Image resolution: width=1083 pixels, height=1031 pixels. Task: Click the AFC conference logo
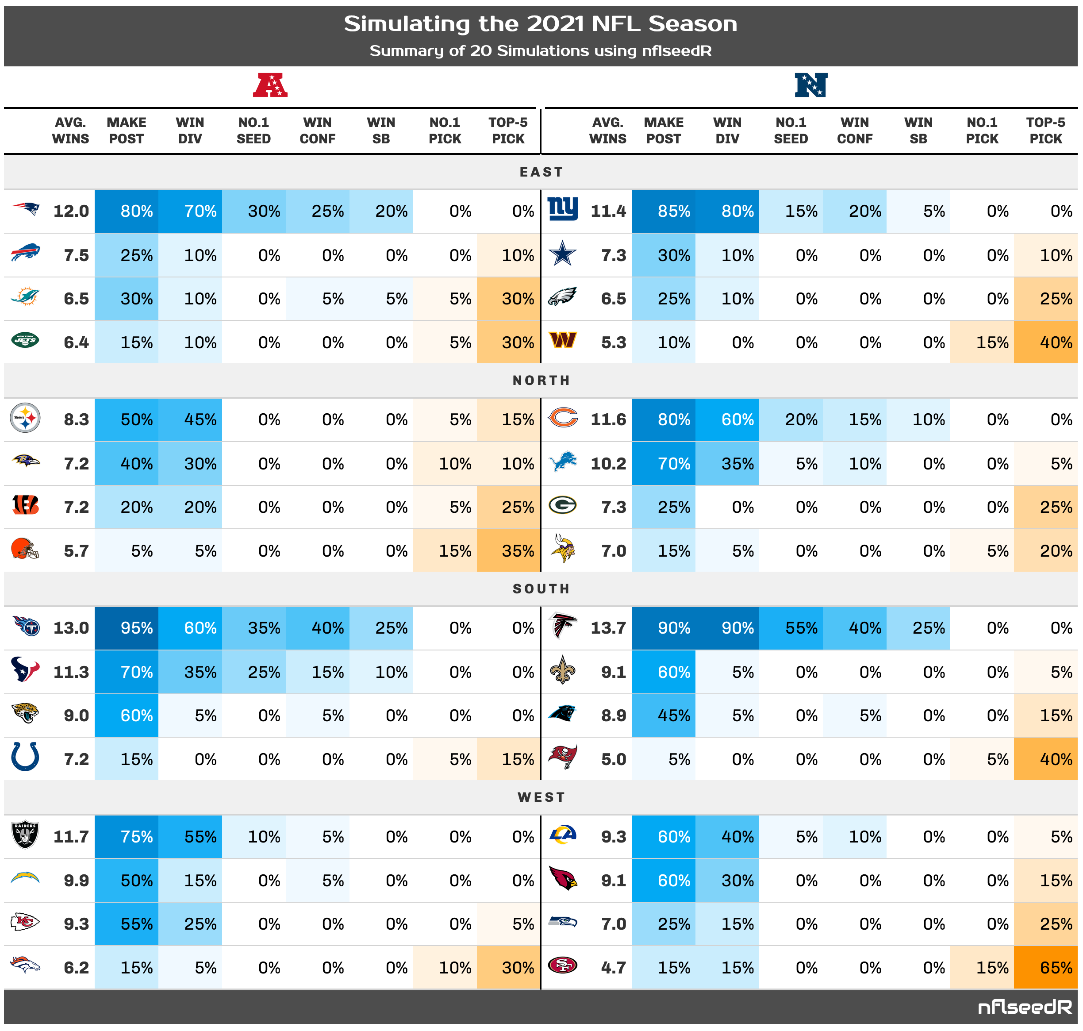[x=270, y=86]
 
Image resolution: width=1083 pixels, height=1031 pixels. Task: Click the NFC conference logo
[x=810, y=85]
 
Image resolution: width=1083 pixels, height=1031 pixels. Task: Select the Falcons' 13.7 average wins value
[x=608, y=627]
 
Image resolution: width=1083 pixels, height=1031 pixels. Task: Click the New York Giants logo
[x=563, y=210]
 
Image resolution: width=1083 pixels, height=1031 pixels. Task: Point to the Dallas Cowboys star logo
[x=563, y=254]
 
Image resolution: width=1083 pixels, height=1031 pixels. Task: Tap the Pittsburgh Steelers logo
[x=25, y=418]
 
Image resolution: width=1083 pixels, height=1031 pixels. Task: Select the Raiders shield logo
[x=25, y=835]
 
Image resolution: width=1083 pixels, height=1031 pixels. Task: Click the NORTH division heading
[x=541, y=380]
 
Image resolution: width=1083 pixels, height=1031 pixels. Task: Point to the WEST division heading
[x=541, y=797]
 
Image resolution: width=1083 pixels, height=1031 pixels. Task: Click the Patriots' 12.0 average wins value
[x=71, y=211]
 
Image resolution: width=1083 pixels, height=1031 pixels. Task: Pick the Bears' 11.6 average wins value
[x=608, y=419]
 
